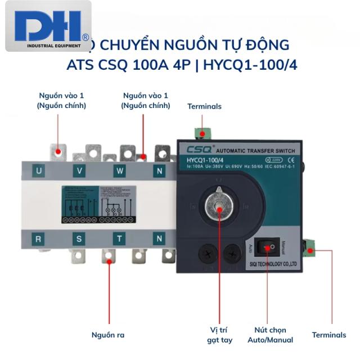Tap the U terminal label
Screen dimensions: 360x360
[x=39, y=170]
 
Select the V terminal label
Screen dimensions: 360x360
[x=80, y=170]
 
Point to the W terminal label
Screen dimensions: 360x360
[x=120, y=170]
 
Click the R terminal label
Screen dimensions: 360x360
[x=39, y=238]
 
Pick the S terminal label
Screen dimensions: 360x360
[x=79, y=238]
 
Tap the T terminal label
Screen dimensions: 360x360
[x=120, y=238]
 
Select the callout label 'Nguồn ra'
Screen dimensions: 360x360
[x=108, y=335]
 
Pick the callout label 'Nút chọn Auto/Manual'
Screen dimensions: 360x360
[x=271, y=335]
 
